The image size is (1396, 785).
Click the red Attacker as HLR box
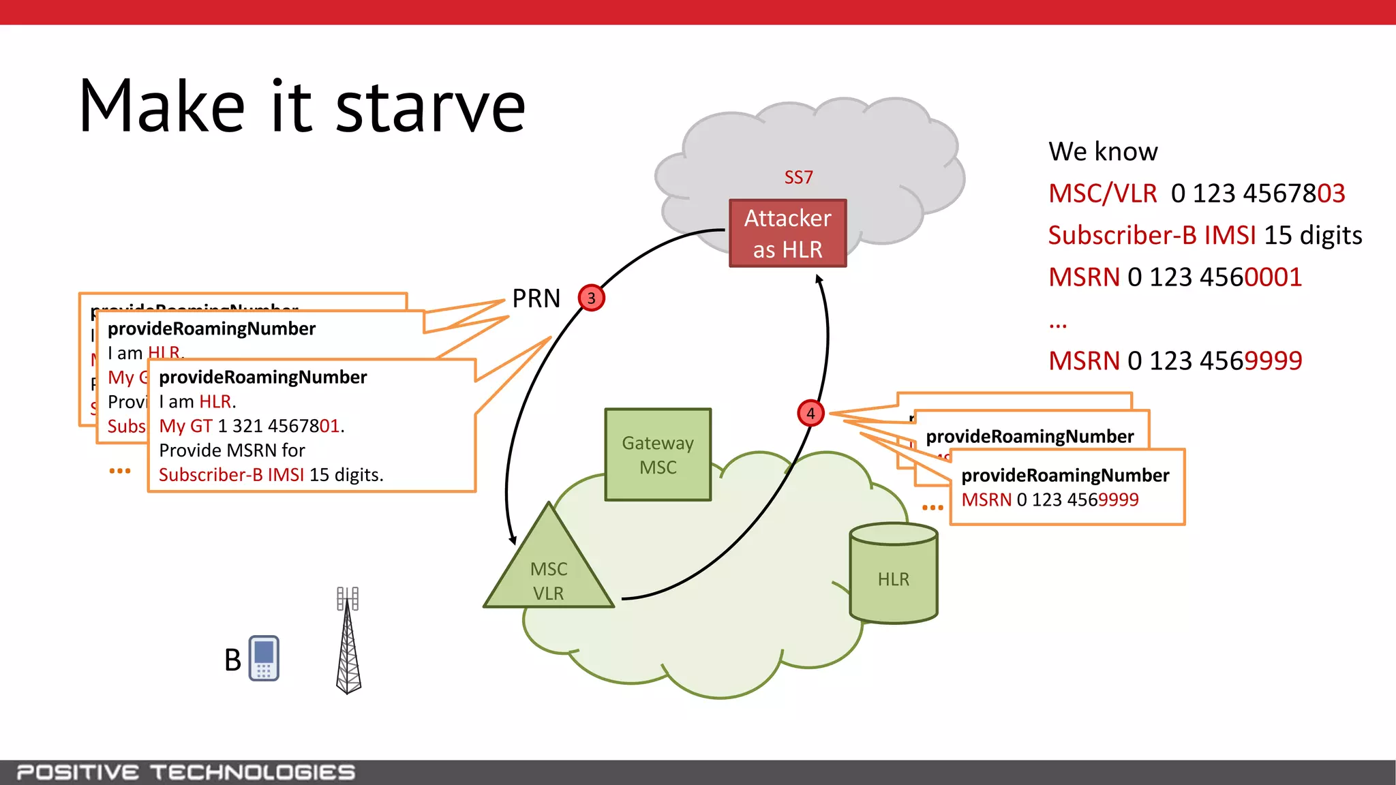pyautogui.click(x=787, y=233)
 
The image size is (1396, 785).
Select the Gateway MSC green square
pyautogui.click(x=658, y=455)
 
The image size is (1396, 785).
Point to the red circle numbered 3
pyautogui.click(x=591, y=298)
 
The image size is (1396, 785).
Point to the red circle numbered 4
pyautogui.click(x=810, y=413)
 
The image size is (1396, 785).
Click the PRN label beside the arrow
pyautogui.click(x=536, y=298)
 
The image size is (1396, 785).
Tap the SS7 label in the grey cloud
pyautogui.click(x=798, y=178)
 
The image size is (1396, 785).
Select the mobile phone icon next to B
pyautogui.click(x=264, y=658)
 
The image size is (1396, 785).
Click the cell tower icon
pyautogui.click(x=348, y=641)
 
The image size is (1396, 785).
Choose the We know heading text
pyautogui.click(x=1103, y=151)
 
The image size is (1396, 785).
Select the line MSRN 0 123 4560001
pyautogui.click(x=1174, y=277)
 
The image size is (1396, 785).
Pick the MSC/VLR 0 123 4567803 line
pyautogui.click(x=1196, y=194)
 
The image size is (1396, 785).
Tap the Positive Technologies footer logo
pyautogui.click(x=185, y=772)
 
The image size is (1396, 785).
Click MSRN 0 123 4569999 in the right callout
pyautogui.click(x=1050, y=499)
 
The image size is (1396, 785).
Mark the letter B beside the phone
pyautogui.click(x=232, y=660)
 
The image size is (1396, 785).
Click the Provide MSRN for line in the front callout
pyautogui.click(x=232, y=450)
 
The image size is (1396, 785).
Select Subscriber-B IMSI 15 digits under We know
pyautogui.click(x=1204, y=235)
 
